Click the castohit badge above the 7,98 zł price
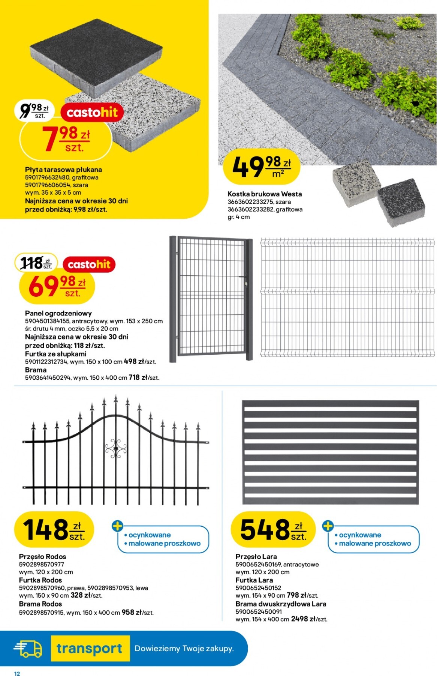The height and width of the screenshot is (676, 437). tap(92, 112)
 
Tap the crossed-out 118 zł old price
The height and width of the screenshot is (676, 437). tap(36, 262)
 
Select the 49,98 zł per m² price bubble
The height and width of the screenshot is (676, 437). tap(262, 167)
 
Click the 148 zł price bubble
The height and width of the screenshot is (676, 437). tap(54, 529)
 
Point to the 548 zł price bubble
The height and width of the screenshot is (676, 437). tap(273, 529)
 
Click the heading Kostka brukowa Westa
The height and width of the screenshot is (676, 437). tap(265, 194)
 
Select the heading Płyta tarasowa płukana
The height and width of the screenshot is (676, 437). tap(63, 170)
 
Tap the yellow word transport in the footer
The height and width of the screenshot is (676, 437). tap(90, 648)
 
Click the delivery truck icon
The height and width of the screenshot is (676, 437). tap(28, 648)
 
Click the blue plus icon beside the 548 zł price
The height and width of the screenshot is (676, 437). tap(328, 526)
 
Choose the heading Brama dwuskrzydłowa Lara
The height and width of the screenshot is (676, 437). tap(281, 604)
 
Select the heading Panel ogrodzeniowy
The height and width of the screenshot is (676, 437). tap(58, 313)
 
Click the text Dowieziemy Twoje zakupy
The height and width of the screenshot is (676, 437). tap(184, 648)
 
